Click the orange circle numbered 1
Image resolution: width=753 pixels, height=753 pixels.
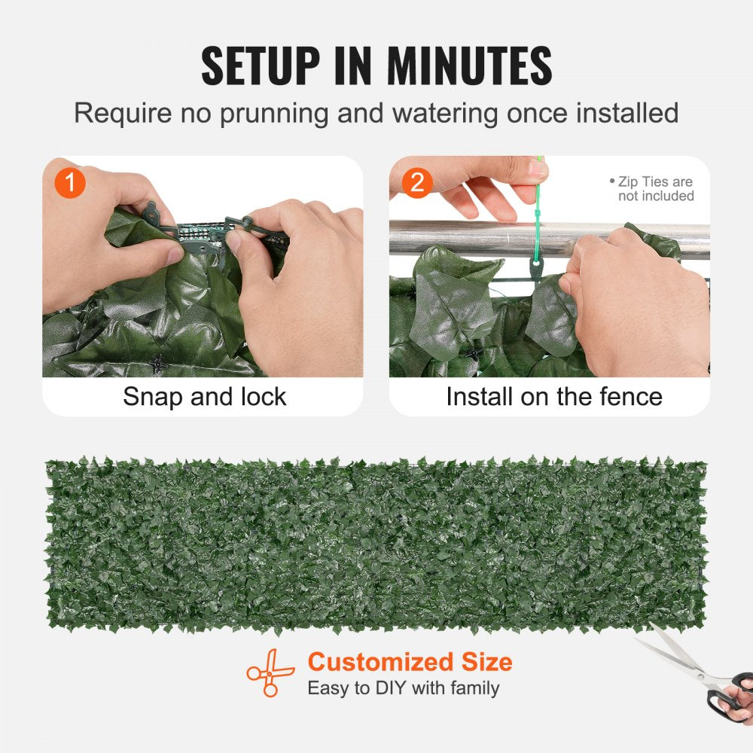(70, 183)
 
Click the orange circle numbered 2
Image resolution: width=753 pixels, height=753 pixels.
(417, 183)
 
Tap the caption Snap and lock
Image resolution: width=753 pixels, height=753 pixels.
(204, 397)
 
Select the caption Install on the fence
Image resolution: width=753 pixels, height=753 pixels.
(553, 397)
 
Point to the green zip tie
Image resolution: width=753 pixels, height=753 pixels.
(538, 218)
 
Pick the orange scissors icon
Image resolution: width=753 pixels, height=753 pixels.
(270, 672)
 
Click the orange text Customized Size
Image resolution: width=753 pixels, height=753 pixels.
(410, 663)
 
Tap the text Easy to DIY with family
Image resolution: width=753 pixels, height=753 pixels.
(403, 688)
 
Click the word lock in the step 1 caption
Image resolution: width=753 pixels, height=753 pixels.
(264, 397)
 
